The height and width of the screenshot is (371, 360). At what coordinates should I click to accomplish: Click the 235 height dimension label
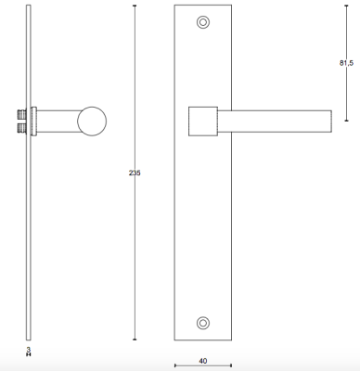(x=135, y=173)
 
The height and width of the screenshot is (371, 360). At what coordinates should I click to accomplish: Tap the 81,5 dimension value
(x=346, y=63)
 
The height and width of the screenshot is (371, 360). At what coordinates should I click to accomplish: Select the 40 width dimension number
(x=203, y=361)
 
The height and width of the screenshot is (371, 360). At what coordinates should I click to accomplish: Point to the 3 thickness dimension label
(x=29, y=350)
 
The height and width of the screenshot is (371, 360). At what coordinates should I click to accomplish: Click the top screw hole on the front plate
(x=203, y=22)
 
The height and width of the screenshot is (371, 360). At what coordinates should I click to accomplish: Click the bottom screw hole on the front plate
(x=203, y=323)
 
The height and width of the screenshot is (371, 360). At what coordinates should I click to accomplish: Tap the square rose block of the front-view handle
(x=203, y=122)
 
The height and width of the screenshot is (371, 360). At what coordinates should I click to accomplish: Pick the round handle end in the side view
(x=92, y=122)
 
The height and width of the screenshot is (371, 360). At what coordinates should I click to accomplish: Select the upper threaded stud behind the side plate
(x=21, y=115)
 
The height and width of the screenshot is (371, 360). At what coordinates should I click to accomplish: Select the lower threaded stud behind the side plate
(x=21, y=128)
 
